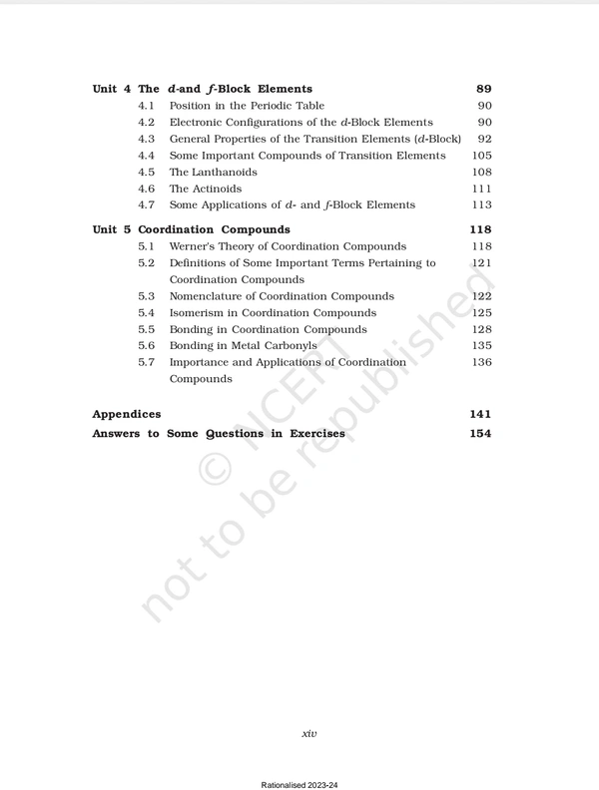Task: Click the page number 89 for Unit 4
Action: click(483, 89)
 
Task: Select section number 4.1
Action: click(146, 106)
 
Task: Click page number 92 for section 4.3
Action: click(484, 139)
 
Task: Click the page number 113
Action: click(481, 204)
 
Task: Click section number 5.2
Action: click(146, 263)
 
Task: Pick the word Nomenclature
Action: click(212, 296)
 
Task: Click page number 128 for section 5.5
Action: click(481, 329)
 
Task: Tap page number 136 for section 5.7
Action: click(481, 362)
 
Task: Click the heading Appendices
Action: click(126, 413)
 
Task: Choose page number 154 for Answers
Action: click(480, 434)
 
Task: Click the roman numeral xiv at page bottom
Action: click(309, 734)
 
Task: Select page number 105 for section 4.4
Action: click(481, 156)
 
